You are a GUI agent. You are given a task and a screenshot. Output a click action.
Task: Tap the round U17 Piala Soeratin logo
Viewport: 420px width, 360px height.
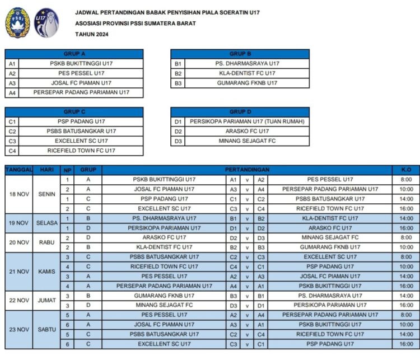pyautogui.click(x=46, y=22)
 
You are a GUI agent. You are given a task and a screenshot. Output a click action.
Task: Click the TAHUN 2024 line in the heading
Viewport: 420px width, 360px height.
pyautogui.click(x=92, y=34)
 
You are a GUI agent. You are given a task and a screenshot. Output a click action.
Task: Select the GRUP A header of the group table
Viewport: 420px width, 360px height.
pyautogui.click(x=74, y=54)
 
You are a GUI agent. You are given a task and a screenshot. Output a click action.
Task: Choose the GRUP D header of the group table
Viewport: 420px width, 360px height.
pyautogui.click(x=240, y=111)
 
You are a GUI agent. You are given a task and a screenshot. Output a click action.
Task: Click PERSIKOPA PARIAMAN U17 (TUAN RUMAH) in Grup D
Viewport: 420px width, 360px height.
pyautogui.click(x=247, y=121)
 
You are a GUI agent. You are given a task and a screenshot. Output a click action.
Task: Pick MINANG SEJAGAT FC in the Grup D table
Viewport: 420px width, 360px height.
pyautogui.click(x=247, y=141)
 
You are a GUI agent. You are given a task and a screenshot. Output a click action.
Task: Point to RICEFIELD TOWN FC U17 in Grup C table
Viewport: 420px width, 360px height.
pyautogui.click(x=81, y=151)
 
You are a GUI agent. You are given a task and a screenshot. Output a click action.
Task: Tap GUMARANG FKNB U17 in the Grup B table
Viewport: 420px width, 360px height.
pyautogui.click(x=247, y=83)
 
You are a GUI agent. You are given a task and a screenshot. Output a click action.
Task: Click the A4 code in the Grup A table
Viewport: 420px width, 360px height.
pyautogui.click(x=12, y=93)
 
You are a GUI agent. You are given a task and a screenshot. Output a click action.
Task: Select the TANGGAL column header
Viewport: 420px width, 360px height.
pyautogui.click(x=19, y=170)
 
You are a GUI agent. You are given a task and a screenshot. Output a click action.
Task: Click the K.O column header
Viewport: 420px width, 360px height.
pyautogui.click(x=406, y=170)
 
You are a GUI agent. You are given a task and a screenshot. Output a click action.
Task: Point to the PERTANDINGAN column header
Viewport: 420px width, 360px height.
pyautogui.click(x=247, y=170)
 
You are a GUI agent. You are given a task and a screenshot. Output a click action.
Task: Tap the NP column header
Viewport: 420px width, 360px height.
pyautogui.click(x=68, y=170)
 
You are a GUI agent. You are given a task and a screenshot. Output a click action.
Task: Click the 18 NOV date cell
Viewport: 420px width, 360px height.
pyautogui.click(x=19, y=194)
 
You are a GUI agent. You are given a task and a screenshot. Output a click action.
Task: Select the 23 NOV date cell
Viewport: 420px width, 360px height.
pyautogui.click(x=19, y=329)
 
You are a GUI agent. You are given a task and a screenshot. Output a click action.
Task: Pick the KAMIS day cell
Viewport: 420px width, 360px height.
pyautogui.click(x=47, y=272)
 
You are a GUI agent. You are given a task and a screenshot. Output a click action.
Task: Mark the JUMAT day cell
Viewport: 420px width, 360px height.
pyautogui.click(x=47, y=300)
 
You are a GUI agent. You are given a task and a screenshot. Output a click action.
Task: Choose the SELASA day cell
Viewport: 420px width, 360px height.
pyautogui.click(x=47, y=223)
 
